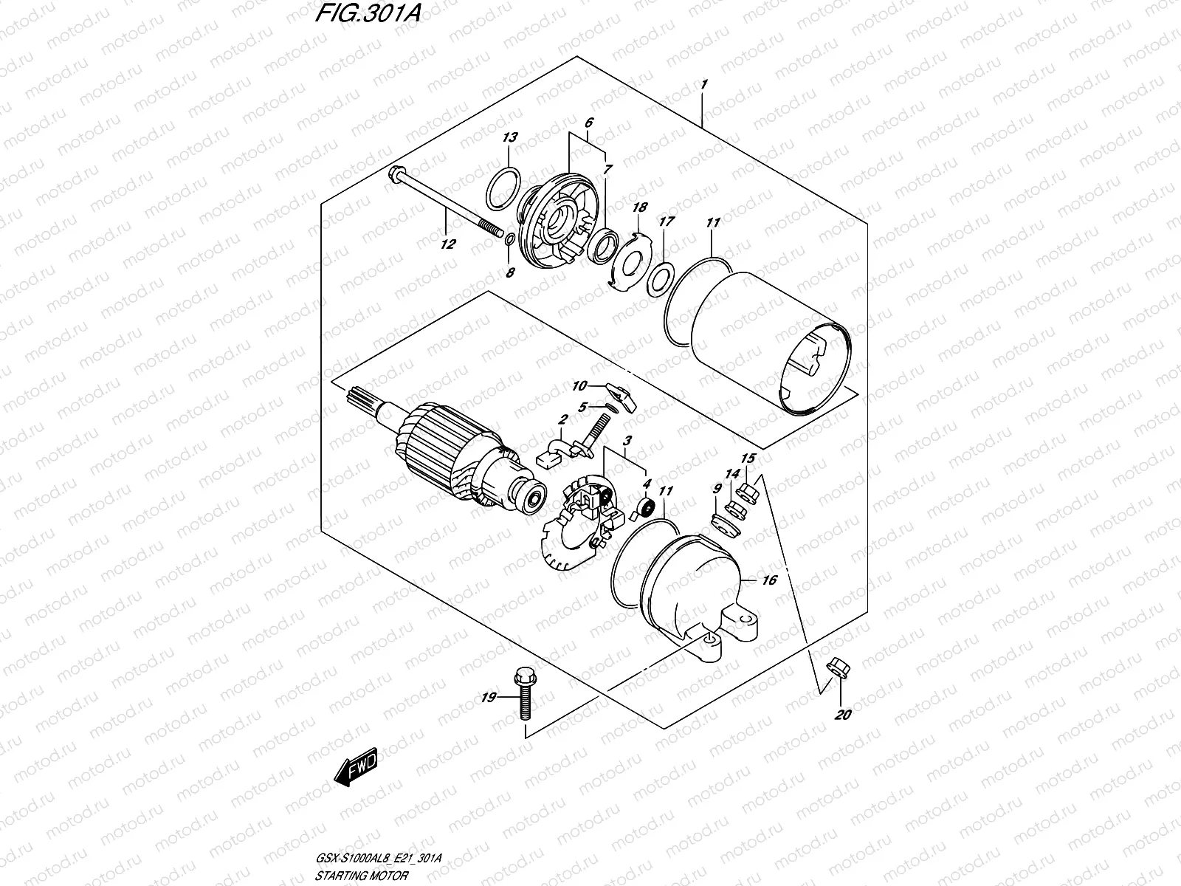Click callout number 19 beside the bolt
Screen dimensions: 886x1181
pyautogui.click(x=489, y=697)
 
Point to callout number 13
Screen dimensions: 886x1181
pyautogui.click(x=510, y=138)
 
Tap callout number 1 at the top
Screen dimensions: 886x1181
pyautogui.click(x=703, y=85)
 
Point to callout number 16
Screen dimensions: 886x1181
pyautogui.click(x=768, y=581)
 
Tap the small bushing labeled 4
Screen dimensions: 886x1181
pyautogui.click(x=648, y=508)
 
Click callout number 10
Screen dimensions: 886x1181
pyautogui.click(x=579, y=386)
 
